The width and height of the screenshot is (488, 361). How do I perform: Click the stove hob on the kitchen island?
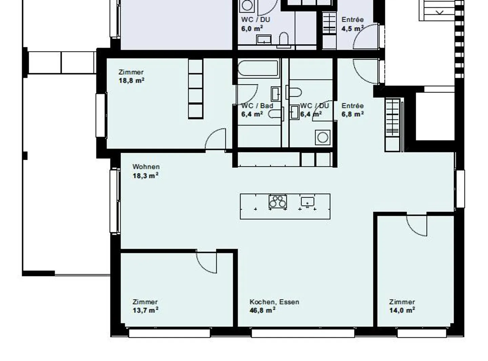[278, 201]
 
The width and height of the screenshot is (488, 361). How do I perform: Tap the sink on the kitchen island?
[307, 202]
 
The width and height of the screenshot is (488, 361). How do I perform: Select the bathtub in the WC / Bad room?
[258, 68]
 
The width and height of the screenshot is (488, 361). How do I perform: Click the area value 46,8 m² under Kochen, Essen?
[262, 310]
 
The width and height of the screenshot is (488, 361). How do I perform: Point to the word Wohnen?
[146, 167]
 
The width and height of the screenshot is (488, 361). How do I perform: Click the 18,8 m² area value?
[131, 81]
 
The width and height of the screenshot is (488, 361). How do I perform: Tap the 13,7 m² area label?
[145, 310]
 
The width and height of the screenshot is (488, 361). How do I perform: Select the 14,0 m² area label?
[402, 310]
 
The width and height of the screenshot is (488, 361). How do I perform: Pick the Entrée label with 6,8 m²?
[352, 106]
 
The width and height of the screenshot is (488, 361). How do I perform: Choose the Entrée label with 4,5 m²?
[352, 20]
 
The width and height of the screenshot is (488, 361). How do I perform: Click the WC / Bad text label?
[257, 106]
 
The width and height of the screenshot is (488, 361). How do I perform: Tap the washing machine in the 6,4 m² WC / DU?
[323, 137]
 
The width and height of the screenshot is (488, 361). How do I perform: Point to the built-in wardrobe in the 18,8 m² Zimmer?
[196, 89]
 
